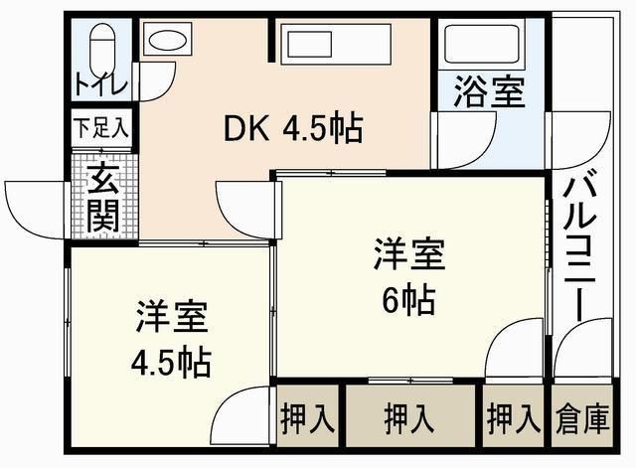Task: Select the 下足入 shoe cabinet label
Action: [99, 129]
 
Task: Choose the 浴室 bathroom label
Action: [489, 93]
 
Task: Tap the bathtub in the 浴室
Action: [484, 44]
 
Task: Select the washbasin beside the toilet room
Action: [166, 43]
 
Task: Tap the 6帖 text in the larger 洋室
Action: [409, 296]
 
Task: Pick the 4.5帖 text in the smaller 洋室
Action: [171, 363]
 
